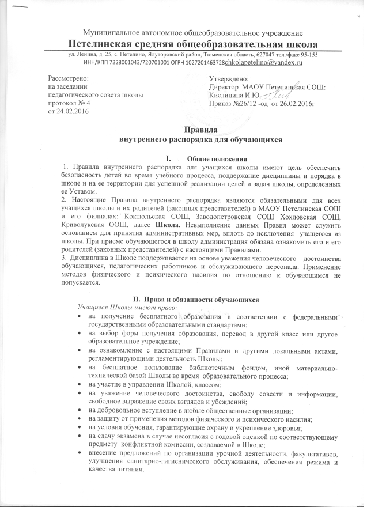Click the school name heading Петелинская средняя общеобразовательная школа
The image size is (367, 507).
pyautogui.click(x=193, y=43)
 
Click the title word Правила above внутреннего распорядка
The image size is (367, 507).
pyautogui.click(x=195, y=130)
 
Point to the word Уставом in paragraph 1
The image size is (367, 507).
pyautogui.click(x=77, y=191)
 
